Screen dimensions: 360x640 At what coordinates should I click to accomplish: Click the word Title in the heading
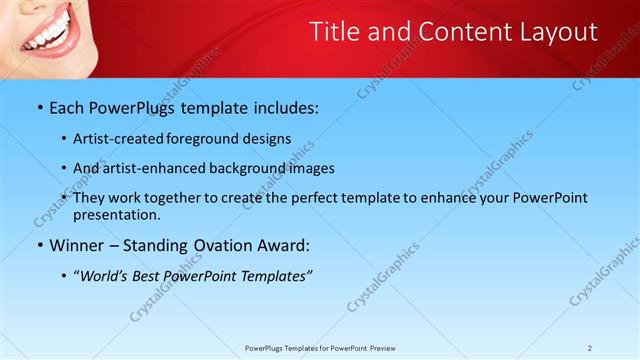(x=335, y=32)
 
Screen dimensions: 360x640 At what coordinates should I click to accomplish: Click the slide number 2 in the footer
(x=590, y=348)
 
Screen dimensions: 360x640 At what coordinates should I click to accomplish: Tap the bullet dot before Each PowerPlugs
(x=39, y=107)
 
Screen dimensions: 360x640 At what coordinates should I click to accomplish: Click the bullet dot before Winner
(x=39, y=245)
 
